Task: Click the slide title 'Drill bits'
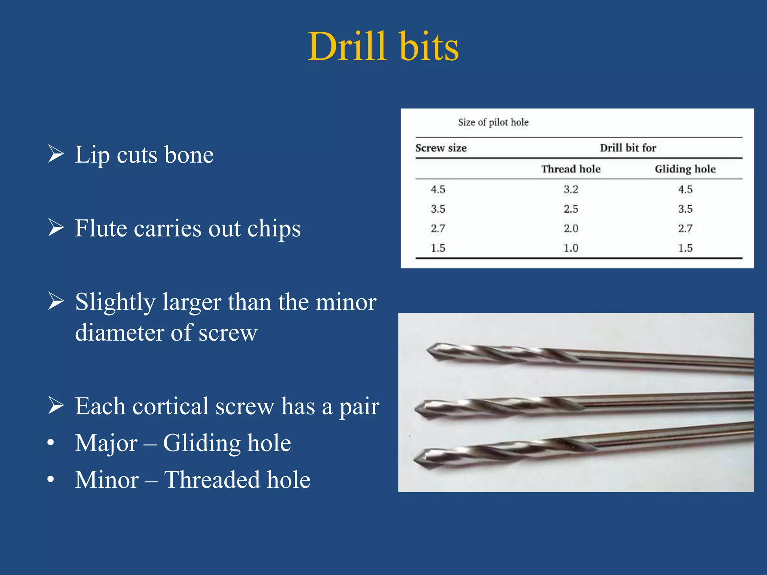point(383,46)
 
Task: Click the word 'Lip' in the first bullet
point(92,155)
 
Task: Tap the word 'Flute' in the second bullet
point(100,228)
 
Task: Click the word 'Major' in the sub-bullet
point(106,443)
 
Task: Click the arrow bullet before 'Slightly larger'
point(56,302)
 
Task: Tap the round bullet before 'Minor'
point(51,480)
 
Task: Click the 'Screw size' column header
point(441,148)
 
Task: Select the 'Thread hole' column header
point(571,169)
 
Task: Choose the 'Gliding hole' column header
point(685,169)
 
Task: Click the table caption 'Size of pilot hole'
point(493,122)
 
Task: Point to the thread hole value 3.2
point(571,189)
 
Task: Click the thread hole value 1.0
point(571,248)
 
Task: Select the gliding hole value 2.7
point(685,228)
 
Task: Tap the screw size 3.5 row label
point(438,209)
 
